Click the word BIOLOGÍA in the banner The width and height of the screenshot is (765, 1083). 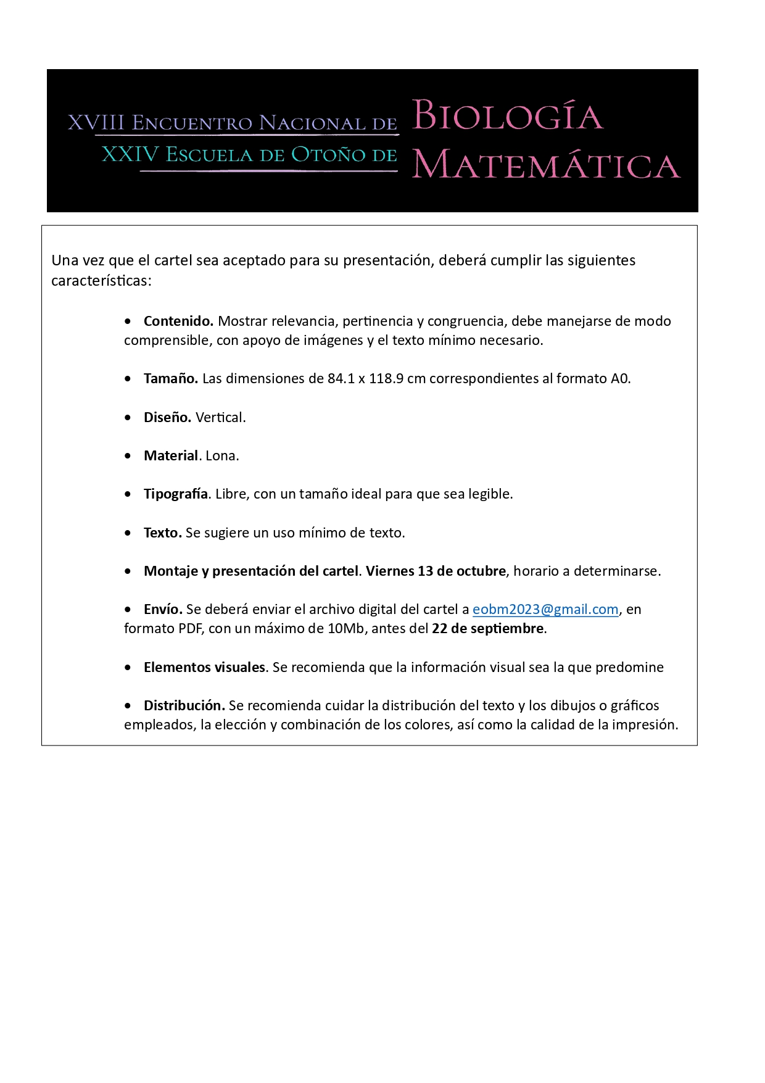[507, 115]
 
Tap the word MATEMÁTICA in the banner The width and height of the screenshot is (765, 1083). [546, 165]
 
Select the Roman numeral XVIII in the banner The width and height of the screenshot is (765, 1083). [96, 123]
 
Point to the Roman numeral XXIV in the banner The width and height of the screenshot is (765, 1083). [130, 154]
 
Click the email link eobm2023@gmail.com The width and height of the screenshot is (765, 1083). [545, 610]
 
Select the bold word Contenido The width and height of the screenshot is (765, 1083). [178, 321]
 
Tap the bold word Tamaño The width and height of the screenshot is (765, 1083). [170, 379]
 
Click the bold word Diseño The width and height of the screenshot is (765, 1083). [167, 418]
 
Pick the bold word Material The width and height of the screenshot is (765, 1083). [171, 456]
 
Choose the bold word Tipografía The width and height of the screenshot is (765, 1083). [176, 494]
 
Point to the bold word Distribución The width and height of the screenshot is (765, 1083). [184, 706]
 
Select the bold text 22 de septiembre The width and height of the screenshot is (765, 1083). [488, 629]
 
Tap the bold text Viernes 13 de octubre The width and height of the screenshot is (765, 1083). [436, 571]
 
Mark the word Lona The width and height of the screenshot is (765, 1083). [222, 456]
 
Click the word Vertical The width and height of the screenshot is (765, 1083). [220, 418]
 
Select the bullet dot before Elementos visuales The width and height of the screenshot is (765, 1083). [128, 668]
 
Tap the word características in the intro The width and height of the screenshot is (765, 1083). [101, 281]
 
